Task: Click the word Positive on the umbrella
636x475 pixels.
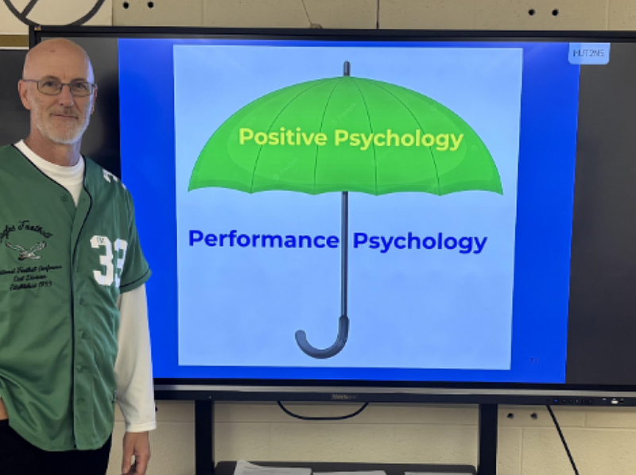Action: [x=284, y=137]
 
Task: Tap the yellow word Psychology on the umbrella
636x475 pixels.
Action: [x=398, y=139]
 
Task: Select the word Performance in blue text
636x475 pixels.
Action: [x=263, y=239]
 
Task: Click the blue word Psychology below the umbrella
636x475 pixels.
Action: [x=420, y=241]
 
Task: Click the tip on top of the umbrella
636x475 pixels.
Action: [x=346, y=68]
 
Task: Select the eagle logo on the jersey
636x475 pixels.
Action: [x=26, y=250]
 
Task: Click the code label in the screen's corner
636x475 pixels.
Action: [x=588, y=53]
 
